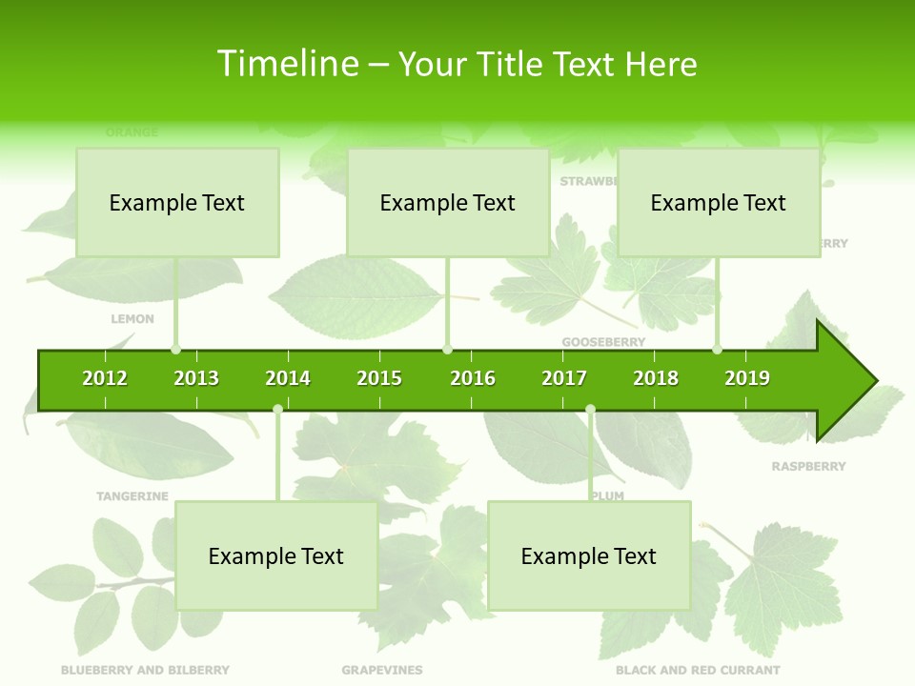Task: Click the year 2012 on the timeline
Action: tap(105, 378)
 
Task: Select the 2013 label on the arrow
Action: tap(196, 378)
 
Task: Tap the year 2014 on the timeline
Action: tap(288, 378)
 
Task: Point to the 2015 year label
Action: tap(379, 378)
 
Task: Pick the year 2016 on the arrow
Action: tap(473, 378)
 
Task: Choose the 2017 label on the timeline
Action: tap(564, 378)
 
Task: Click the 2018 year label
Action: tap(656, 378)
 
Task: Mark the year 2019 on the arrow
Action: tap(747, 378)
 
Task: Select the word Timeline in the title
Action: tap(287, 64)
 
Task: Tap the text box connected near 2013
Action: tap(177, 202)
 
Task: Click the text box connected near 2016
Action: tap(448, 202)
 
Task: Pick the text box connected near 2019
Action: tap(719, 202)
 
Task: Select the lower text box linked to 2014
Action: tap(276, 555)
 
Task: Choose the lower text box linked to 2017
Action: tap(589, 555)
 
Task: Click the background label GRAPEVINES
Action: tap(382, 670)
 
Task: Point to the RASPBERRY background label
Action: tap(808, 466)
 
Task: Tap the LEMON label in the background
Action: tap(132, 318)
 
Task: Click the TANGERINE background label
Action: tap(132, 495)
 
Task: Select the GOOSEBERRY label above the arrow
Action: tap(603, 341)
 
